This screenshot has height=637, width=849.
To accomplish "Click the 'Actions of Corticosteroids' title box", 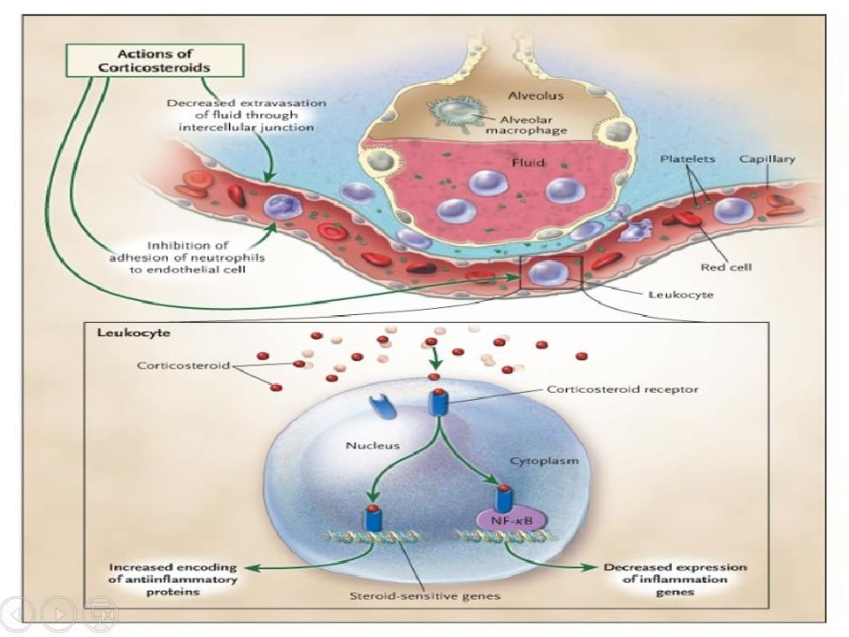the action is click(x=155, y=60).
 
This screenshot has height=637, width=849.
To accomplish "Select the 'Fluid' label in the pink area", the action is click(x=528, y=162).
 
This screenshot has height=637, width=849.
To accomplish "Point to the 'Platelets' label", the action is click(x=687, y=158).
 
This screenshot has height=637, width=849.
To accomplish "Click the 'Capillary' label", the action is click(x=768, y=158).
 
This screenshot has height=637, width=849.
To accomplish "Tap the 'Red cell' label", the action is click(x=726, y=267).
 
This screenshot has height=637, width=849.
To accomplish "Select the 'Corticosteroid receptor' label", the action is click(x=622, y=389).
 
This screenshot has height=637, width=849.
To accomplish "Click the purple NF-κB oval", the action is click(x=511, y=520).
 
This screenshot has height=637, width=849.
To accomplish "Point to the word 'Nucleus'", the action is click(x=372, y=445).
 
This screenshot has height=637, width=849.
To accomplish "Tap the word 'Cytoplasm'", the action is click(x=544, y=460).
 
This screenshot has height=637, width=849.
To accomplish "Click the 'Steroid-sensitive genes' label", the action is click(x=425, y=595).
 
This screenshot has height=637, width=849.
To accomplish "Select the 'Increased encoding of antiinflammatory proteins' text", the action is click(x=173, y=579).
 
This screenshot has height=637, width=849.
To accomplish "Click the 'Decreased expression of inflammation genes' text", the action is click(x=675, y=579).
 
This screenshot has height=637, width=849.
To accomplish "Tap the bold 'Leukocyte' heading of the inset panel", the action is click(x=134, y=332).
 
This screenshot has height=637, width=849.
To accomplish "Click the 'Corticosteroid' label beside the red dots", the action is click(x=184, y=365).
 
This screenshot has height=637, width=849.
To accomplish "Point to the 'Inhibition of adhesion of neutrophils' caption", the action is click(x=187, y=257).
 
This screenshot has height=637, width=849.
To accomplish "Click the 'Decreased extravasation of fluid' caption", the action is click(x=247, y=115).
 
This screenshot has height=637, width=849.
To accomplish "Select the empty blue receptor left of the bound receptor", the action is click(x=382, y=406).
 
